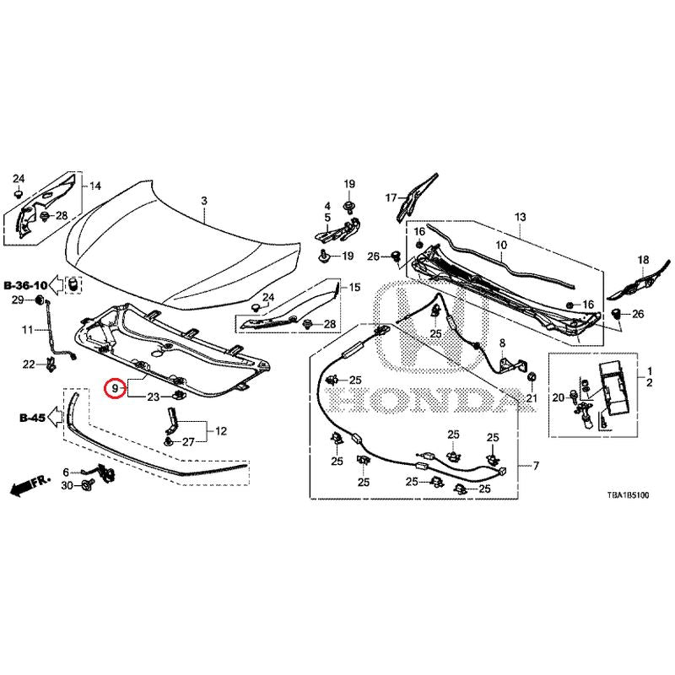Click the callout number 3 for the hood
coord(203,201)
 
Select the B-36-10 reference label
coord(25,285)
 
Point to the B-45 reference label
coord(31,417)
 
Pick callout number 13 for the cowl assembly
coord(520,217)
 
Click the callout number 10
coord(499,246)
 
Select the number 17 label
coord(391,197)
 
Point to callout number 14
coord(95,186)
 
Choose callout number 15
coord(354,288)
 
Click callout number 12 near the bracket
coord(221,431)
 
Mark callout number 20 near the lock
coord(557,397)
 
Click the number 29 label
coord(16,300)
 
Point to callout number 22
coord(28,364)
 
